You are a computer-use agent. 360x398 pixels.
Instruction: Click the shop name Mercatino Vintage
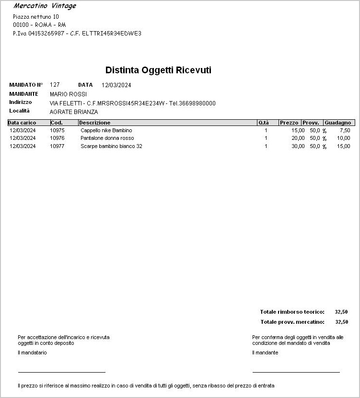45,6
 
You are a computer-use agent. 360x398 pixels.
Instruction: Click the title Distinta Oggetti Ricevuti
158,70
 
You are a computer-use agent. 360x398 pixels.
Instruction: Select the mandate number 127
55,85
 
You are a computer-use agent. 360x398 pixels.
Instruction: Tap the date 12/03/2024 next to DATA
116,85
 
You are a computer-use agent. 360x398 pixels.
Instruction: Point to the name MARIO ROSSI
68,94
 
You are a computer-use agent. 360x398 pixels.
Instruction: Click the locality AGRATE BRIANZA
74,112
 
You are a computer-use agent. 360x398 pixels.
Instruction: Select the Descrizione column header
95,123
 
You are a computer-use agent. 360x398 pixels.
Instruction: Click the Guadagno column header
337,123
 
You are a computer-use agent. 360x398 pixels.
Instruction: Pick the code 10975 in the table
57,130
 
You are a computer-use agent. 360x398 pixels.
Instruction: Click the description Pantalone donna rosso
107,138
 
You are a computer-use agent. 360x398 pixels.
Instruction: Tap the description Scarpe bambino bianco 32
111,146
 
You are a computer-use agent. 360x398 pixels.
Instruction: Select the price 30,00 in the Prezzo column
298,146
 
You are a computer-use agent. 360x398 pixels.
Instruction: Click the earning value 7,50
345,130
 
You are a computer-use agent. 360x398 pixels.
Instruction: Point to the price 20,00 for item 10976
298,138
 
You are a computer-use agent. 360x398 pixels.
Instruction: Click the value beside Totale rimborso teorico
341,312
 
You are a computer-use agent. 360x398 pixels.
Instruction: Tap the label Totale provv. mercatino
292,322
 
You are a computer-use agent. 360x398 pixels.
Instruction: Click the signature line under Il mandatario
61,372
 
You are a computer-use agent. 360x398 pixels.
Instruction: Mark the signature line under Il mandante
296,372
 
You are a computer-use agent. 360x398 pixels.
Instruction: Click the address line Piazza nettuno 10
36,17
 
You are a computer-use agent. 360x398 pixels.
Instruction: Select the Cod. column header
57,123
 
